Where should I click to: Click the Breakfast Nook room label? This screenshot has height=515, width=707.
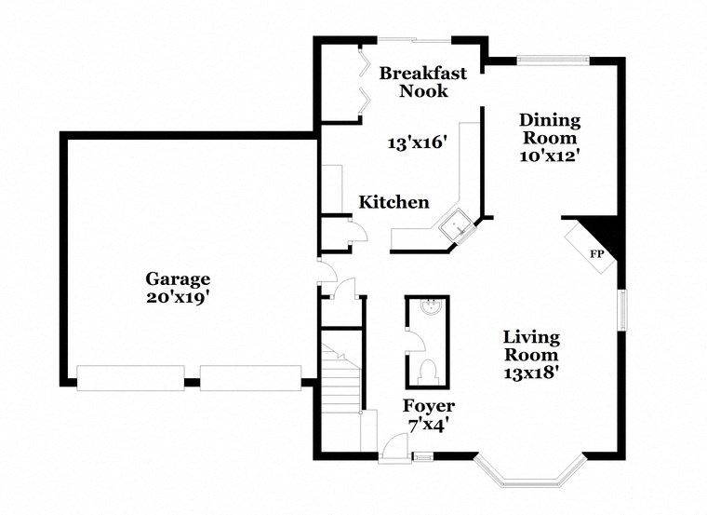pos(423,81)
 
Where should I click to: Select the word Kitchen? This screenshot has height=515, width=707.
pos(394,202)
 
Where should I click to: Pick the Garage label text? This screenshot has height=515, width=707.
pos(178,278)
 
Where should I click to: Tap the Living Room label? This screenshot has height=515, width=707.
pos(531,346)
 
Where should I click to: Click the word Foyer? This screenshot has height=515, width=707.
pos(429,406)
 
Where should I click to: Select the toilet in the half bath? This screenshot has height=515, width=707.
pos(428,371)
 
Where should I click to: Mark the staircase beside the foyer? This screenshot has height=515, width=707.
pos(340,382)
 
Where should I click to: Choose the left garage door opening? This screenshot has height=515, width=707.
pos(130,378)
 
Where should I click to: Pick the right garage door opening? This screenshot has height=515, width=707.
pos(250,378)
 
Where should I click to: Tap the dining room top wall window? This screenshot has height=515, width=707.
pos(553,61)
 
